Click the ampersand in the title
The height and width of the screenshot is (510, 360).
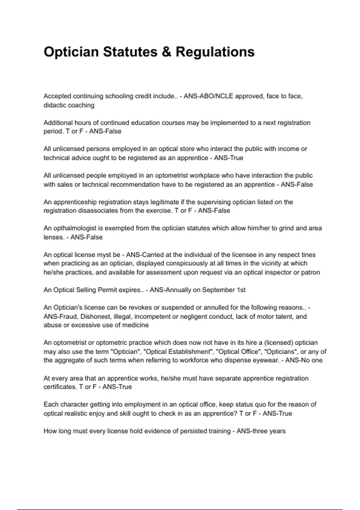[x=166, y=52]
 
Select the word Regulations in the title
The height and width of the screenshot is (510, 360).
[x=215, y=52]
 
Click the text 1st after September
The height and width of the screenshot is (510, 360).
[x=241, y=290]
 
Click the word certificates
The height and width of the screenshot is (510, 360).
[x=60, y=387]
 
